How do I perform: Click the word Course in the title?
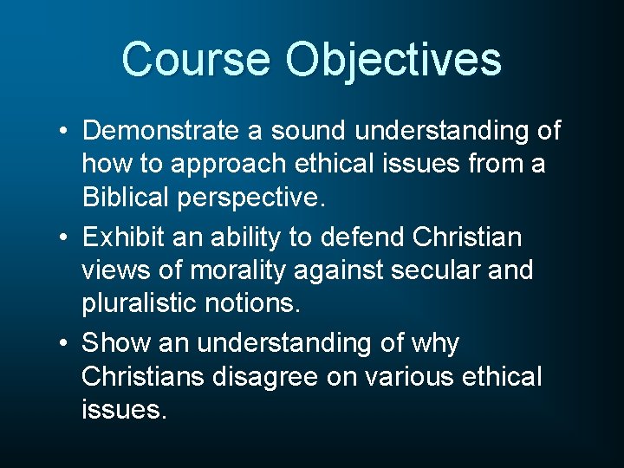[x=196, y=59]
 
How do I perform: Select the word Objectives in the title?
[x=393, y=61]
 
